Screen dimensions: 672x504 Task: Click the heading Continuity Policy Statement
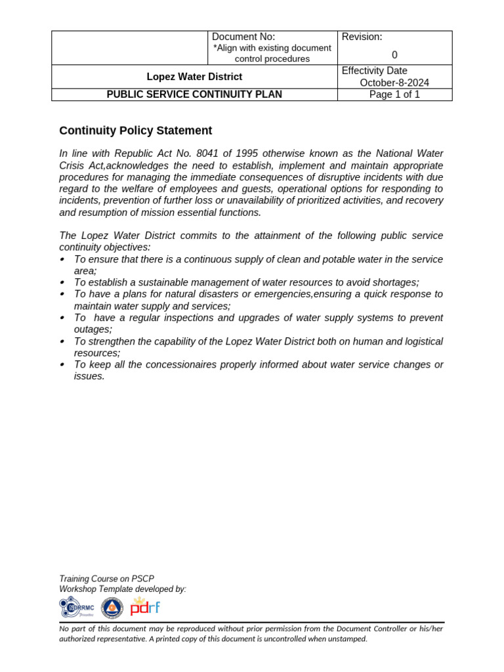click(136, 131)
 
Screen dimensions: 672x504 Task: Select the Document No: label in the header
click(243, 37)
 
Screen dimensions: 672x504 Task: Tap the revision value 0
click(394, 55)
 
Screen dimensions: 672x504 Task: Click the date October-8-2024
click(394, 83)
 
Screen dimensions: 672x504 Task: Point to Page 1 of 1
click(394, 94)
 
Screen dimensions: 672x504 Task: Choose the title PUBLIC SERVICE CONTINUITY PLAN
click(194, 94)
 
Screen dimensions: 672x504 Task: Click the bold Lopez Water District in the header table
click(194, 77)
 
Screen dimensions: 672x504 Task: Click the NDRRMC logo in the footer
click(77, 608)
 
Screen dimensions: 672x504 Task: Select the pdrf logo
click(145, 606)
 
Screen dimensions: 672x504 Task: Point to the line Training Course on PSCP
click(106, 579)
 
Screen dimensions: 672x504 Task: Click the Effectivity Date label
click(375, 71)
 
